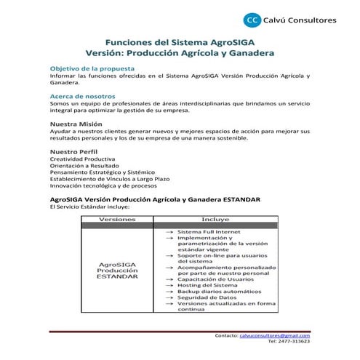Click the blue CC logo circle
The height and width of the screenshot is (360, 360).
point(252,20)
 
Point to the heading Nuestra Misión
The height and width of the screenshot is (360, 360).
point(76,124)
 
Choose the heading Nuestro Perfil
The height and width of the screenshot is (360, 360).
point(73,151)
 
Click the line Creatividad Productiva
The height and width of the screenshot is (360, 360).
point(82,159)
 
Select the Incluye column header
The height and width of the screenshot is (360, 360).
point(215,218)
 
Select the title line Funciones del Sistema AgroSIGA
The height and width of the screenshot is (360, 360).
point(180,42)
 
